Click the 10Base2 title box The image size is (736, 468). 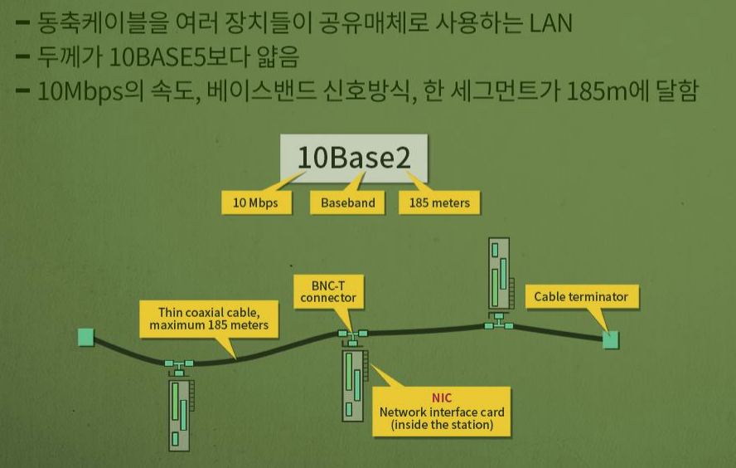coord(354,158)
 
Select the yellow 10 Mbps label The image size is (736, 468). coord(255,202)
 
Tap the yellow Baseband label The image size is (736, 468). coord(348,202)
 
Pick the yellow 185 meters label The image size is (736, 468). coord(439,202)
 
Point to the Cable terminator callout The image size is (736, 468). coord(580,296)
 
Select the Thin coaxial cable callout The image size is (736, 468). coord(209,319)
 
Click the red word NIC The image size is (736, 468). coord(442,398)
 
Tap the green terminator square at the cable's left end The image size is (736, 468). coord(85,337)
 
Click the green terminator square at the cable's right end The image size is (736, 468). coord(611,339)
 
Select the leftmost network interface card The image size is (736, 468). coord(180,414)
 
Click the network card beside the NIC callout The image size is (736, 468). coord(354,384)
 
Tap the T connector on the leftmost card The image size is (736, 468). coord(178,364)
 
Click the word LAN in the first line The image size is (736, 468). coord(550,22)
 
